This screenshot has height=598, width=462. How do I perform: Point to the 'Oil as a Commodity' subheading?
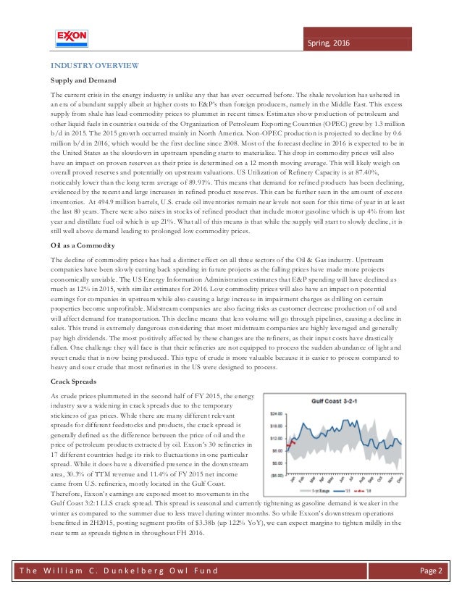pos(83,245)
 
